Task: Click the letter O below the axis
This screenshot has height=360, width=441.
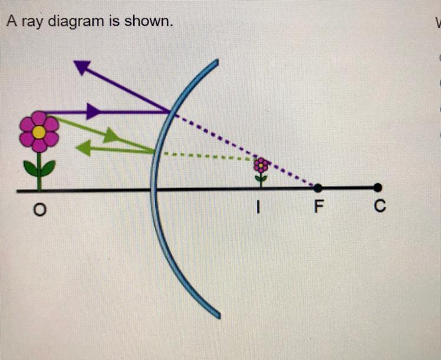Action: pos(39,209)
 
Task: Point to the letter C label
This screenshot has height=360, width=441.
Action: pos(380,207)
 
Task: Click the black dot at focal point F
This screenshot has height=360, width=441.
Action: pos(318,188)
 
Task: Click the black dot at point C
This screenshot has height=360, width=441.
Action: pos(378,188)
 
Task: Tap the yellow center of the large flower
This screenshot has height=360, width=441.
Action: pos(39,132)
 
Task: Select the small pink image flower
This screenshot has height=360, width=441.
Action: pos(261,165)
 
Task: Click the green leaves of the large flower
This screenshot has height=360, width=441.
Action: pos(39,168)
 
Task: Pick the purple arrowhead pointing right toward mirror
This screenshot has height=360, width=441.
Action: pos(93,111)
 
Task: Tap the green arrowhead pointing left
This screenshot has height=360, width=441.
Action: pos(83,148)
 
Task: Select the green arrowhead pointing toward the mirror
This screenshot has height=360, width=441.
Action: pos(110,136)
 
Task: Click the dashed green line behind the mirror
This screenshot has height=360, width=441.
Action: pos(206,155)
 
